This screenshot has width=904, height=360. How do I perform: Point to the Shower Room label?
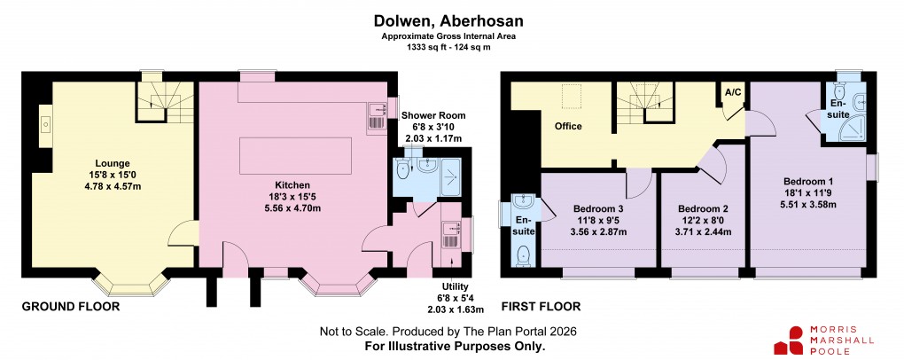433,115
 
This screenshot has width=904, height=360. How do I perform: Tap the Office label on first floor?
568,126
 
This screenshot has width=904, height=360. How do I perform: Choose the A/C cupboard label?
733,92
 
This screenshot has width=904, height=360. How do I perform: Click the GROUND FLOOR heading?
71,308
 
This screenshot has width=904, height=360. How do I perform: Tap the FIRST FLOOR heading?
541,308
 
